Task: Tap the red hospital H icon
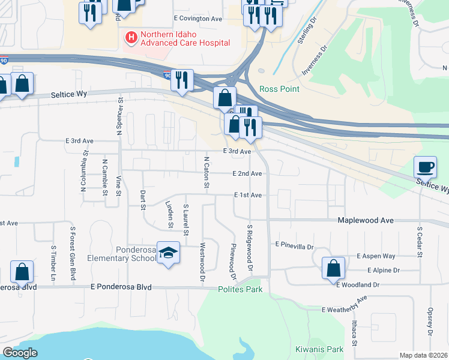click(130, 38)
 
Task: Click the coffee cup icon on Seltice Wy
click(425, 167)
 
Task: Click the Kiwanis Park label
click(319, 349)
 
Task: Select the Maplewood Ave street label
click(366, 221)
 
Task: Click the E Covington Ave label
click(197, 19)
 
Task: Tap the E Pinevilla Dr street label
click(295, 246)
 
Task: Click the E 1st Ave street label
click(248, 196)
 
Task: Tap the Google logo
click(20, 353)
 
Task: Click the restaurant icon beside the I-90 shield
click(182, 80)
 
